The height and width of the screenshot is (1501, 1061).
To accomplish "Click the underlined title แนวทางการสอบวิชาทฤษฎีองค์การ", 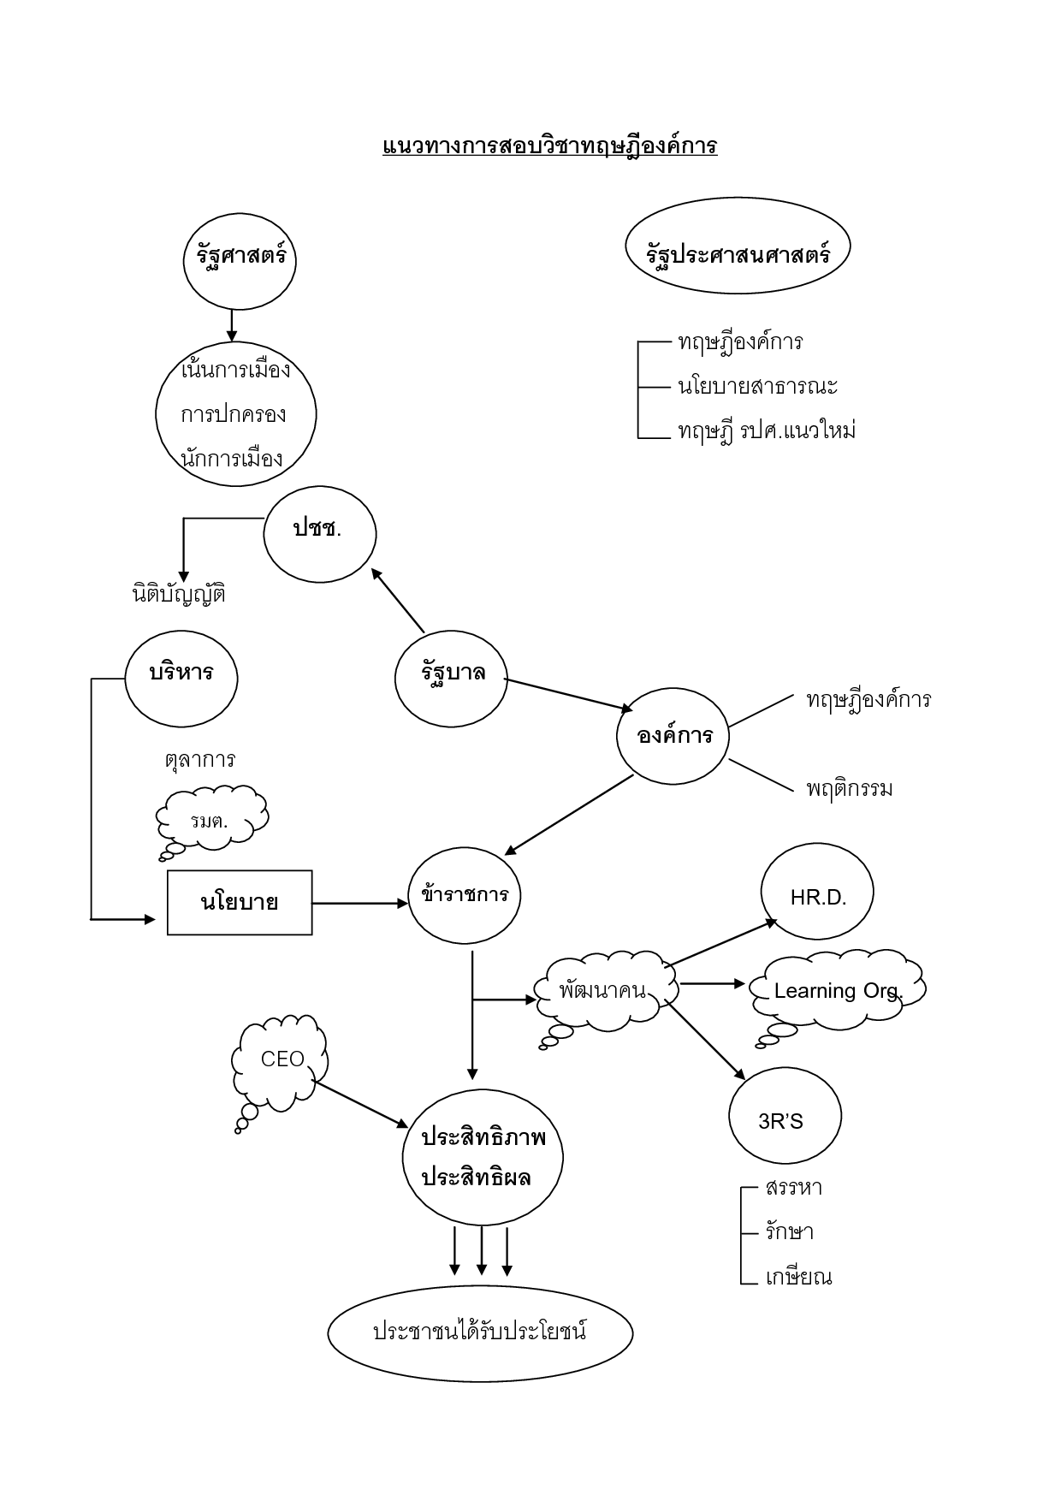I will coord(549,145).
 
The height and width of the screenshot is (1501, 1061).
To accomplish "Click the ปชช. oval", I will coord(319,534).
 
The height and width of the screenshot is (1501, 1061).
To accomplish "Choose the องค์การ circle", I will coord(673,736).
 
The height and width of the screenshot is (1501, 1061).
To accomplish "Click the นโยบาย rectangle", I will coord(240,903).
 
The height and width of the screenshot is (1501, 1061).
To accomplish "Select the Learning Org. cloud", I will coord(838,990).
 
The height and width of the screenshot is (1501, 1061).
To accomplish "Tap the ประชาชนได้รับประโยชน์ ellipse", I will coord(480,1332).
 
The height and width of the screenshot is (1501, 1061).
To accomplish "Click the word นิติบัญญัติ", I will coord(179,594).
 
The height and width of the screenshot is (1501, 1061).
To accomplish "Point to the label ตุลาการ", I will coord(199,760).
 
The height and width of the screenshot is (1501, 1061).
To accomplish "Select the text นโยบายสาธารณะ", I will coord(757,387).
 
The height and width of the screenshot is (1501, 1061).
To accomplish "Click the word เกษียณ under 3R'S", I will coord(798,1278).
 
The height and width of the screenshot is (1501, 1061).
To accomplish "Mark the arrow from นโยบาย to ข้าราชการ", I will coord(359,903).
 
